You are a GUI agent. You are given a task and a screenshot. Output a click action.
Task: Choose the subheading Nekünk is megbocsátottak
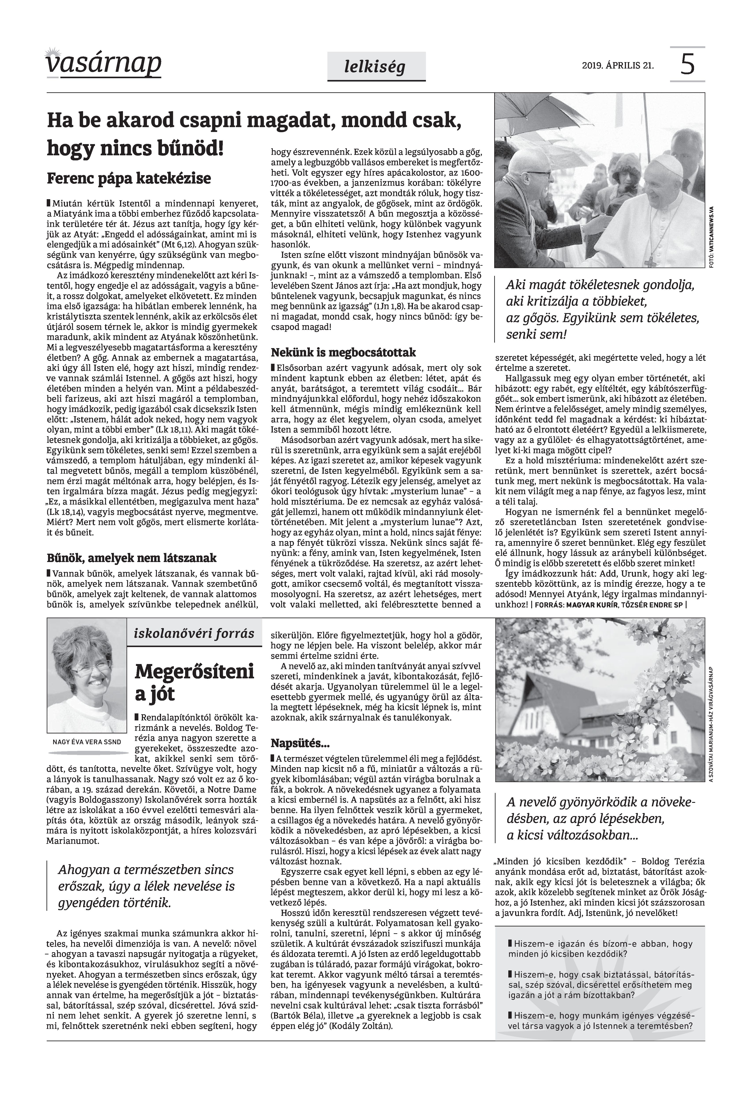[x=344, y=352]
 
